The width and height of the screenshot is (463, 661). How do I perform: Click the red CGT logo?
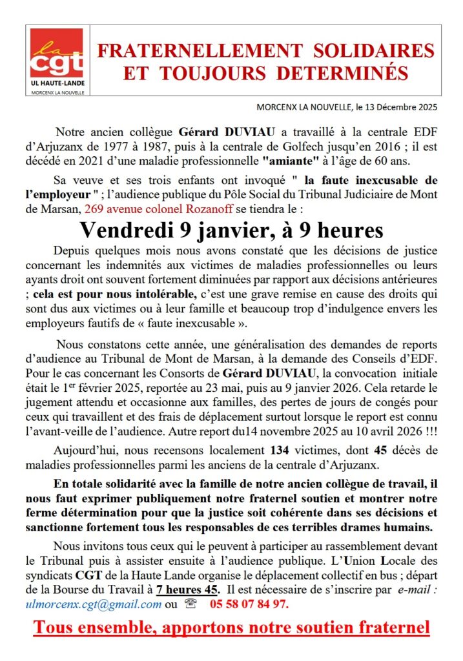coord(57,55)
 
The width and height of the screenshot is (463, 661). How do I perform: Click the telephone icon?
coord(190,604)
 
